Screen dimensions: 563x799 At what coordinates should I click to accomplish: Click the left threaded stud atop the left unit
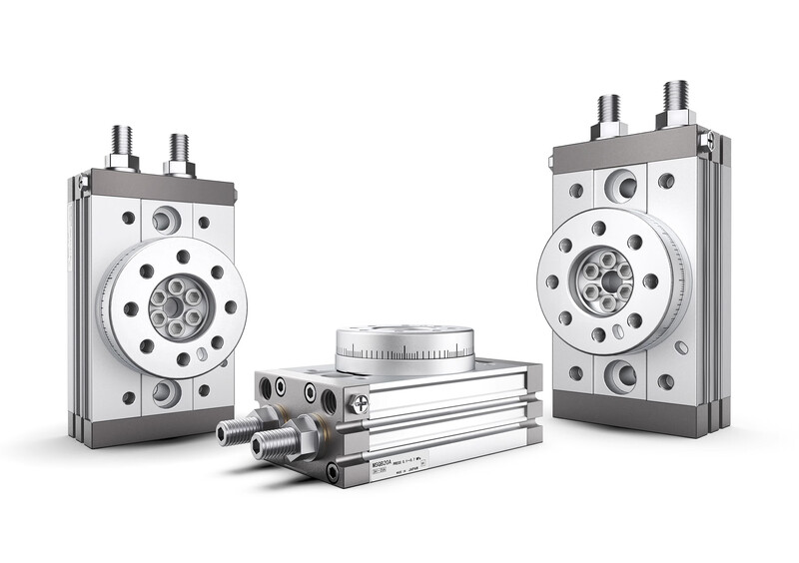pos(122,144)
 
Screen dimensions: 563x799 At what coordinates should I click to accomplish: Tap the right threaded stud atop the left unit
pos(179,151)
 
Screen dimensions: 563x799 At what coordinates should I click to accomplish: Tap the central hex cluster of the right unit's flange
pos(608,281)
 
